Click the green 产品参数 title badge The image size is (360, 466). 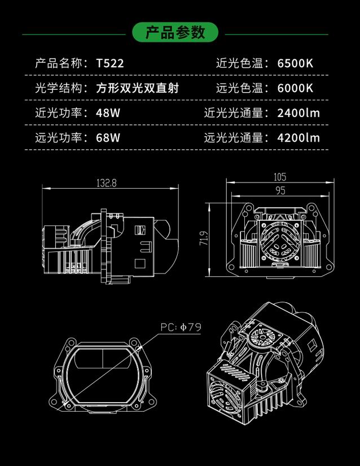(x=175, y=33)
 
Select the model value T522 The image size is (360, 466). (x=110, y=63)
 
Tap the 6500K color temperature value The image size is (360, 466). (x=295, y=63)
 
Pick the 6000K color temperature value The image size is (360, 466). (x=295, y=88)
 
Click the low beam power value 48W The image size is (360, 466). (x=108, y=112)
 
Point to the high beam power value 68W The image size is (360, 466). (x=108, y=137)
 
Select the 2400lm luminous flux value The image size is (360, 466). (x=298, y=112)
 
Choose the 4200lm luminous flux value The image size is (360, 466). (x=298, y=137)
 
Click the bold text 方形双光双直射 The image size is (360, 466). (x=141, y=88)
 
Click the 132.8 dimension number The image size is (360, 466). (x=106, y=182)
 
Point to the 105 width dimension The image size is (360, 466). (x=280, y=176)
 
